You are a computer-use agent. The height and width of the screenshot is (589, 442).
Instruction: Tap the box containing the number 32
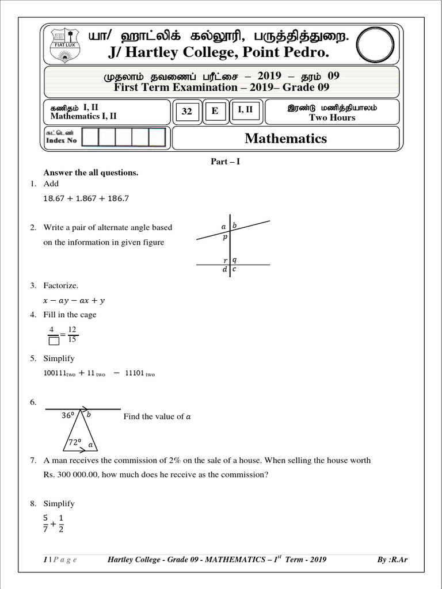point(187,112)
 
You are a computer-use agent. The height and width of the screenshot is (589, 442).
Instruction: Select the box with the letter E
point(215,111)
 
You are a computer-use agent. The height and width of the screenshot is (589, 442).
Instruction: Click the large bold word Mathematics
point(285,138)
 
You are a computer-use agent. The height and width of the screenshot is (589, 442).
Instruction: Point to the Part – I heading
point(225,162)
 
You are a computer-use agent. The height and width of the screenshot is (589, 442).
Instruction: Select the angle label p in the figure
point(225,237)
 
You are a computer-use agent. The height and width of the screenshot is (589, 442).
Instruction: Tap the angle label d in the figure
point(224,269)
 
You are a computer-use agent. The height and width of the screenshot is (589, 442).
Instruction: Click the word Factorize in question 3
point(60,285)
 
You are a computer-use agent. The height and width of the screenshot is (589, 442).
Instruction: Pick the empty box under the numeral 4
point(54,341)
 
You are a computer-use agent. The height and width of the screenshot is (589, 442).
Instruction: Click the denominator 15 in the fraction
point(71,340)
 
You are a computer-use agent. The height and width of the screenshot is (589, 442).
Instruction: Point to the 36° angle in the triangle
point(69,415)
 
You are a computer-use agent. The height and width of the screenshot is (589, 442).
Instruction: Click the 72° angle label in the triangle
point(75,442)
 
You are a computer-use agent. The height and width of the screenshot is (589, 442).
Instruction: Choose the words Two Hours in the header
point(332,117)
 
